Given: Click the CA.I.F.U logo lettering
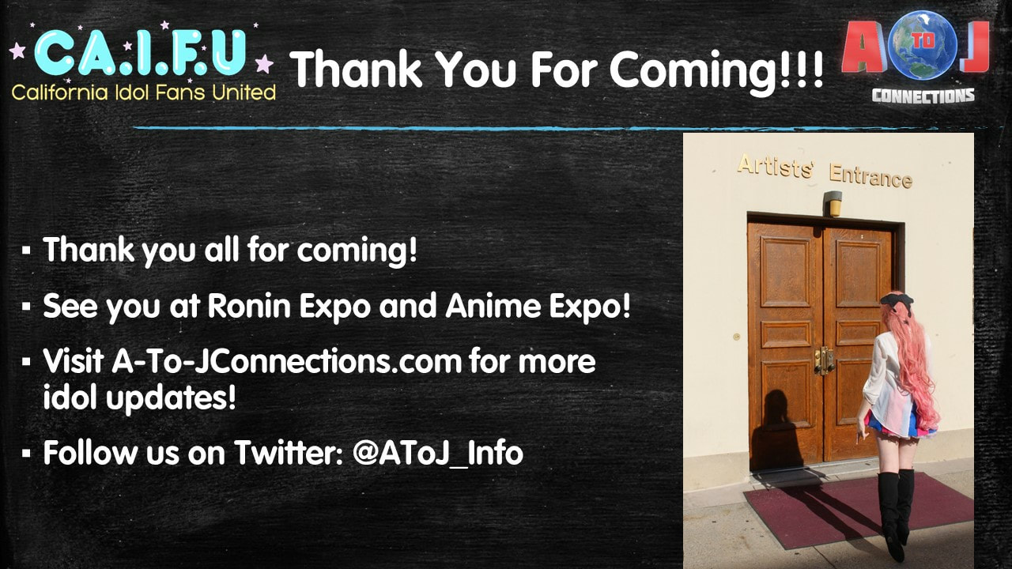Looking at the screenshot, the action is (140, 53).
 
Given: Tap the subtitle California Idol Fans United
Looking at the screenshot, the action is (144, 92).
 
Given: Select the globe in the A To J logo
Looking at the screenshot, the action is (923, 44).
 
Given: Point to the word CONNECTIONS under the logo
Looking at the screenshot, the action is (923, 96).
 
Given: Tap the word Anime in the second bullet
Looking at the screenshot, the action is (493, 306).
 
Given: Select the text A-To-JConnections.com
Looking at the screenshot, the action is (287, 361).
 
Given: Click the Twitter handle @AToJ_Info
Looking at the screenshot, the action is (438, 453).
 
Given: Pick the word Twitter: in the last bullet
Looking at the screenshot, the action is (290, 453).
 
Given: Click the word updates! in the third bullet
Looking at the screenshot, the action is (171, 398).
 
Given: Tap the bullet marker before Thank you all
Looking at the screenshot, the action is (26, 250).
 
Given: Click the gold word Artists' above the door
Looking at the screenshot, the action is (776, 167).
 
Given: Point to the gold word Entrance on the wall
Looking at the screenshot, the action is (870, 176).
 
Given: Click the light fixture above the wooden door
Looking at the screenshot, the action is (833, 203).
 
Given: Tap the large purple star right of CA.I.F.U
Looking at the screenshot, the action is (264, 63).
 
